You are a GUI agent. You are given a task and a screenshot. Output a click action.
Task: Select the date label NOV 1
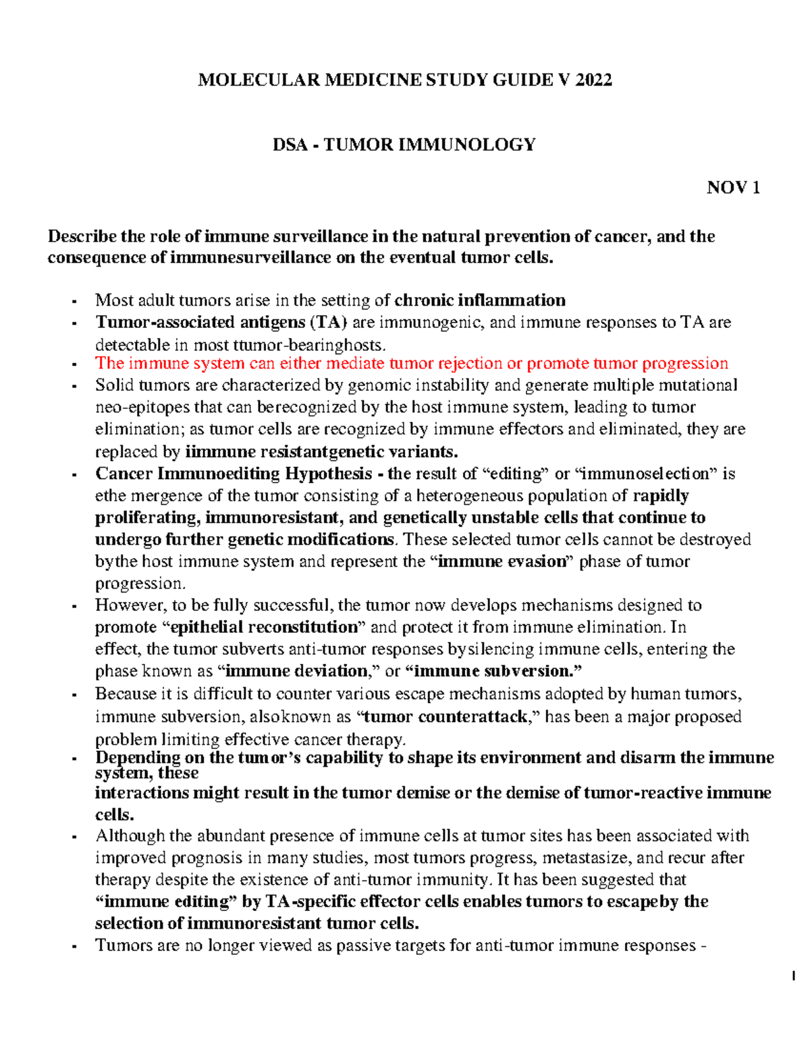(733, 188)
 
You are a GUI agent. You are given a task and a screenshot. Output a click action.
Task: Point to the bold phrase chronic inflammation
(480, 300)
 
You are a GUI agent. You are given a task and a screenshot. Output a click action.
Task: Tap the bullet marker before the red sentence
(74, 365)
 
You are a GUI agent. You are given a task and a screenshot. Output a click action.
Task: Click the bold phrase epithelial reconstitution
(263, 628)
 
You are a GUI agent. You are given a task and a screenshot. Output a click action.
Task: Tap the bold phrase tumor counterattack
(445, 717)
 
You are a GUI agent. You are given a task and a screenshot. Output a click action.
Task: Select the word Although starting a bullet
(130, 836)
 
